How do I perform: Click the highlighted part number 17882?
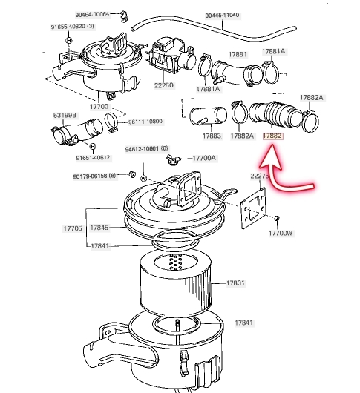(272, 136)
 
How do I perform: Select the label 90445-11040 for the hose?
(222, 16)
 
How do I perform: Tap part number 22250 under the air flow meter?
(164, 85)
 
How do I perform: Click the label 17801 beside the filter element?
(235, 283)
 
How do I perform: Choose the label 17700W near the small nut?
(281, 233)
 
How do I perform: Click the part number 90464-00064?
(92, 15)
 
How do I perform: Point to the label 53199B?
(65, 115)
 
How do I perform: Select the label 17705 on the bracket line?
(73, 228)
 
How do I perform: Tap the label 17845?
(99, 228)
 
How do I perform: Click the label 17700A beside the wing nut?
(204, 158)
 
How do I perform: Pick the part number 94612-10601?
(142, 149)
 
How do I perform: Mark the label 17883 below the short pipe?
(212, 136)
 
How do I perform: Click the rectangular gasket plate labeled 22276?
(253, 208)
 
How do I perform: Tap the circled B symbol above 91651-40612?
(93, 147)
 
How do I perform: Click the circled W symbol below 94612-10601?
(144, 179)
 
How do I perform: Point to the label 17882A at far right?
(312, 97)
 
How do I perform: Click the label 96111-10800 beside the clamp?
(145, 122)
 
